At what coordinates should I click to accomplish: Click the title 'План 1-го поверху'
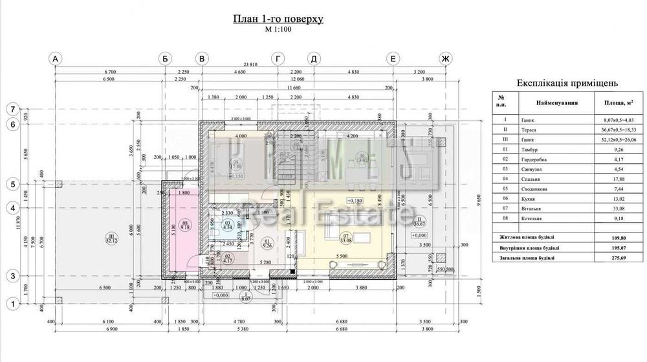pos(278,19)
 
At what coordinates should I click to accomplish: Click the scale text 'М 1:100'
pos(278,30)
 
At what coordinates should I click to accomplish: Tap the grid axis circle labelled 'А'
pos(56,59)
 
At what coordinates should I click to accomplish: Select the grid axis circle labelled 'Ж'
pos(444,59)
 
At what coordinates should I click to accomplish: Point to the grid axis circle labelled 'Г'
pos(278,59)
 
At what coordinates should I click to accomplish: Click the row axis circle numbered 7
pos(11,109)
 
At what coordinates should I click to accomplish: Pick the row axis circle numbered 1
pos(11,302)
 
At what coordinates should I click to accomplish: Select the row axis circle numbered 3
pos(11,277)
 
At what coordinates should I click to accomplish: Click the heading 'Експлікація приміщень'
pos(567,83)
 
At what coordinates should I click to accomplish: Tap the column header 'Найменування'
pos(557,102)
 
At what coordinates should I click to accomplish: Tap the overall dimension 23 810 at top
pos(250,64)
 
